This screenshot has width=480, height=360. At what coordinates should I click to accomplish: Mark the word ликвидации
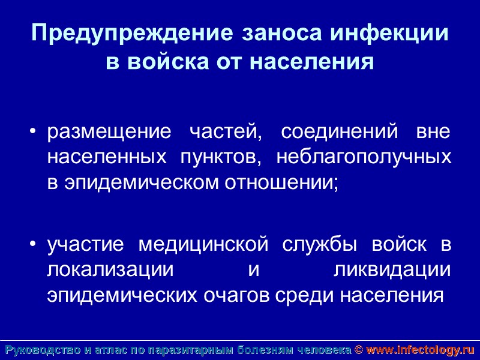click(391, 270)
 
